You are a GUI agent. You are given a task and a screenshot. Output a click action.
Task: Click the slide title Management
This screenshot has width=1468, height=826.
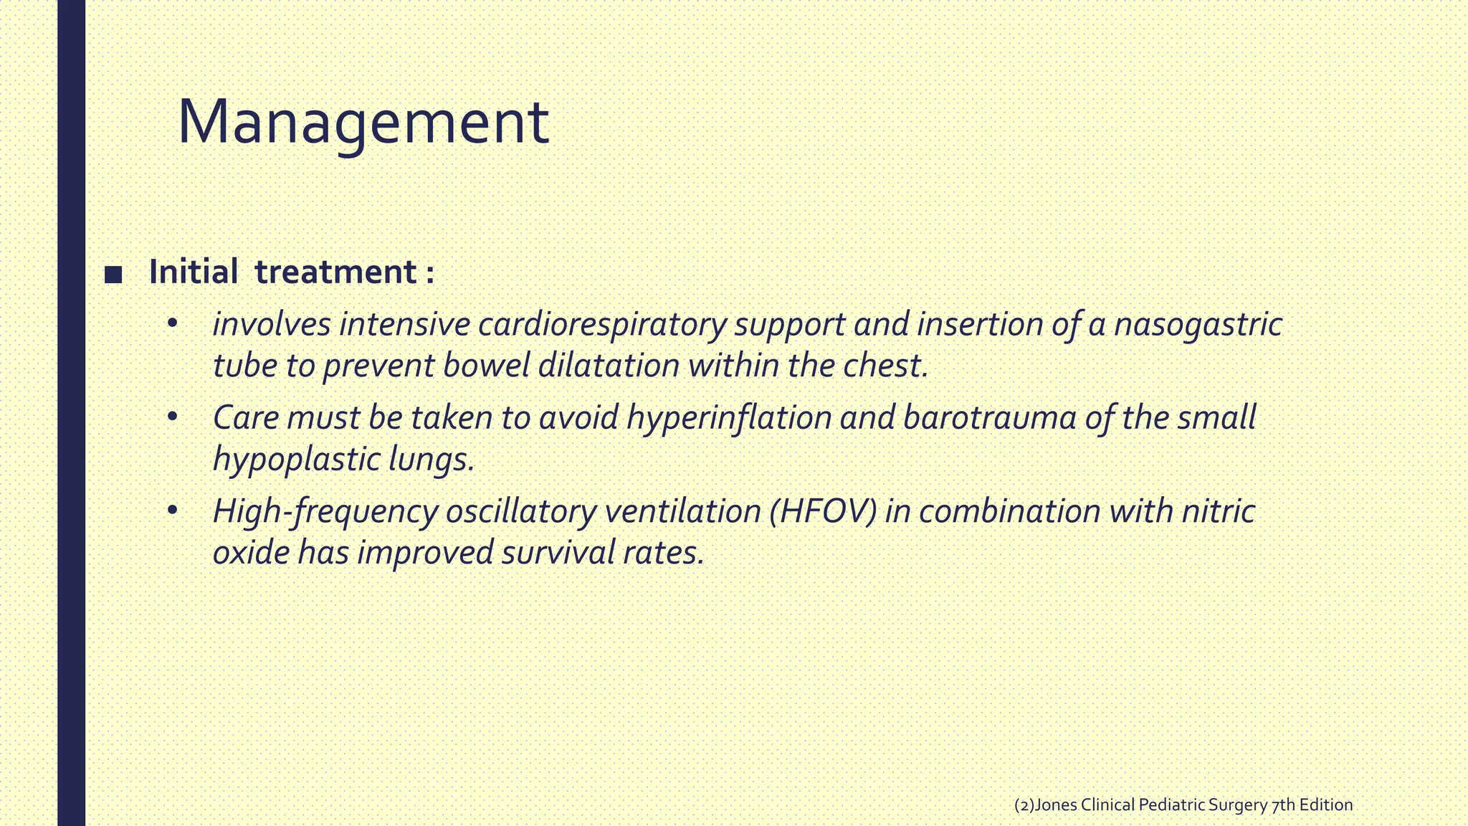[363, 123]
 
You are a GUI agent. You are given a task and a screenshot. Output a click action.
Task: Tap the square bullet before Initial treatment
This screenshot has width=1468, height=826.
[113, 274]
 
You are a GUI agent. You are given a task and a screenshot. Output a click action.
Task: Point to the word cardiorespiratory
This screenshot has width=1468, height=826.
[602, 324]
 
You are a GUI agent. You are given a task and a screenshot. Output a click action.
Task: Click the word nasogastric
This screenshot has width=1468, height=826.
[1198, 324]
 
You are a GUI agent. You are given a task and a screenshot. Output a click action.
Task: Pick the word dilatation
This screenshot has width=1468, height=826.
[609, 366]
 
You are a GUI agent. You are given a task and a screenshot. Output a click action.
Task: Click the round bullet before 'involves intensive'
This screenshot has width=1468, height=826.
[171, 324]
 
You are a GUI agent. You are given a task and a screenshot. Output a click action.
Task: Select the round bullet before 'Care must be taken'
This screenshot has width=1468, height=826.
[171, 417]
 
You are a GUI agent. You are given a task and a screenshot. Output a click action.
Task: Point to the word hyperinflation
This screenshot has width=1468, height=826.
[729, 418]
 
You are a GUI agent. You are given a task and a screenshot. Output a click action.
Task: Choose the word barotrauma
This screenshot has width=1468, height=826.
[990, 418]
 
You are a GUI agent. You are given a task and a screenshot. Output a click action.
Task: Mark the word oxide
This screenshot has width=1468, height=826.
[250, 553]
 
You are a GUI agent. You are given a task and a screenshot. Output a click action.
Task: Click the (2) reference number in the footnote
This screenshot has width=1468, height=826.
[1024, 805]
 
